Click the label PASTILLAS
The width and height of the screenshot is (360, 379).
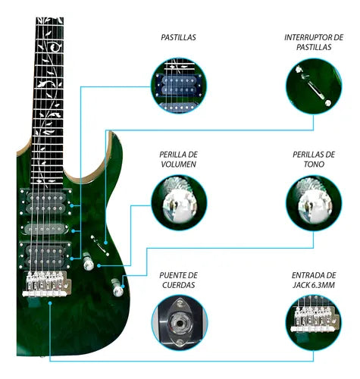[x=179, y=36]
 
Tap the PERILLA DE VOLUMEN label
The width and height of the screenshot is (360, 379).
[x=179, y=158]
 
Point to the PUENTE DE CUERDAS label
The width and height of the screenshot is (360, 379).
[x=179, y=280]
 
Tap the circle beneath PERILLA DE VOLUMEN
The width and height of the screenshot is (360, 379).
[x=179, y=203]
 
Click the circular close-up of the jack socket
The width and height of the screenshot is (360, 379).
[x=179, y=322]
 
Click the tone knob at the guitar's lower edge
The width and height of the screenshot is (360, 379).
[x=117, y=289]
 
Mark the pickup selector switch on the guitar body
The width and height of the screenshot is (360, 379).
[x=95, y=243]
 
